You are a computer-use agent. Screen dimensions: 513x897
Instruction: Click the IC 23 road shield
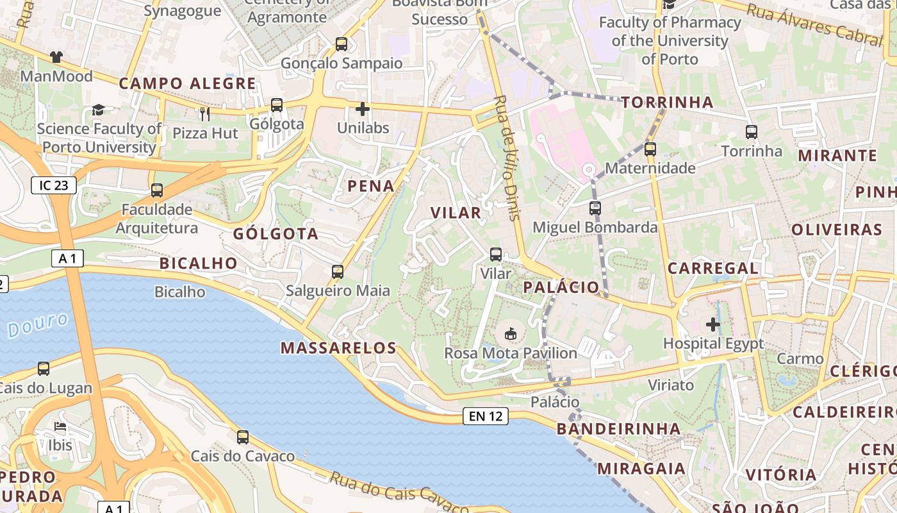pyautogui.click(x=54, y=186)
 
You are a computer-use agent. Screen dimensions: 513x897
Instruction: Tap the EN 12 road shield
pyautogui.click(x=486, y=416)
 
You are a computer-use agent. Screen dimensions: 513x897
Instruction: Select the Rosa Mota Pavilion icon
pyautogui.click(x=511, y=333)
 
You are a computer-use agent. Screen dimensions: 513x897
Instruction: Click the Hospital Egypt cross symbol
pyautogui.click(x=713, y=324)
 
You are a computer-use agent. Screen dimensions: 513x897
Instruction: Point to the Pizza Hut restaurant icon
pyautogui.click(x=205, y=114)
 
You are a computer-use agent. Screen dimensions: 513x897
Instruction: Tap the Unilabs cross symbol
pyautogui.click(x=363, y=109)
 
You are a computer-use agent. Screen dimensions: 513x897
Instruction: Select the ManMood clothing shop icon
pyautogui.click(x=56, y=57)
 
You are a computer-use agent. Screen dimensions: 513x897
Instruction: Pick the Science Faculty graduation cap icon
pyautogui.click(x=98, y=110)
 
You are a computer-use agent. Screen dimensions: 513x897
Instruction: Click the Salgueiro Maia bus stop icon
pyautogui.click(x=338, y=272)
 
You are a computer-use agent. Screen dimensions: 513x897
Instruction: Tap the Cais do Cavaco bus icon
pyautogui.click(x=243, y=437)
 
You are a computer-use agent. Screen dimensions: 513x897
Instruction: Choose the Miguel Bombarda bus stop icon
pyautogui.click(x=595, y=208)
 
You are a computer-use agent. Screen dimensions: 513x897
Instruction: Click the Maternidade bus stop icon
pyautogui.click(x=650, y=149)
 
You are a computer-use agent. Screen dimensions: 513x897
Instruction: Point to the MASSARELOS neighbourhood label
pyautogui.click(x=339, y=348)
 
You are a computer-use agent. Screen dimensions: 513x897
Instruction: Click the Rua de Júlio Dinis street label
pyautogui.click(x=506, y=158)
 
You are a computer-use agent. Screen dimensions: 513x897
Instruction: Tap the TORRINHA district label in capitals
pyautogui.click(x=667, y=103)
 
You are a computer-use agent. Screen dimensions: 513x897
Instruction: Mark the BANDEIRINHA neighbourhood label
pyautogui.click(x=618, y=428)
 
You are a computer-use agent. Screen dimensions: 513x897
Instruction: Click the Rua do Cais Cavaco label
pyautogui.click(x=400, y=493)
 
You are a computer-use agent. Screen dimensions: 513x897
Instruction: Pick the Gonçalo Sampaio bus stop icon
pyautogui.click(x=342, y=44)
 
